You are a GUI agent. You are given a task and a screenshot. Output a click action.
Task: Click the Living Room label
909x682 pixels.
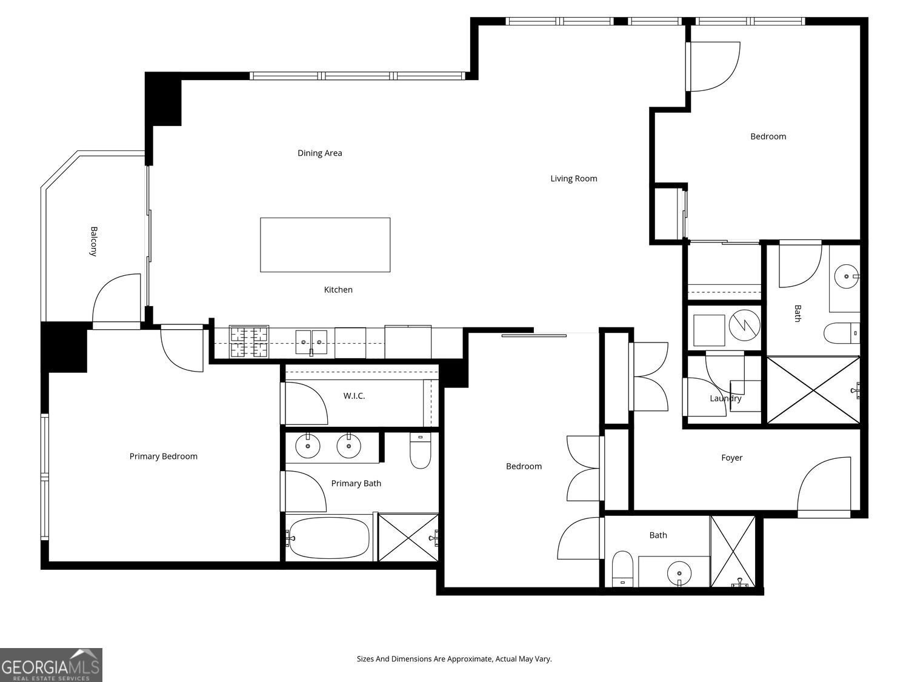[x=573, y=178]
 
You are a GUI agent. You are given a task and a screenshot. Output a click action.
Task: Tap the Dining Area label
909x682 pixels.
[x=320, y=153]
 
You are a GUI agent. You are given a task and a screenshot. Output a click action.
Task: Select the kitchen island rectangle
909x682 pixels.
[x=325, y=245]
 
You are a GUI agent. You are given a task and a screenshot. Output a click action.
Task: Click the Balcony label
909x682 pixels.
[x=94, y=241]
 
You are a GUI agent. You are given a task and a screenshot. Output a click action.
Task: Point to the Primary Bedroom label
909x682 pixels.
[x=163, y=456]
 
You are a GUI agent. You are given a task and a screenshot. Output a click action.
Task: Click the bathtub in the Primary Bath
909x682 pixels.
[x=329, y=538]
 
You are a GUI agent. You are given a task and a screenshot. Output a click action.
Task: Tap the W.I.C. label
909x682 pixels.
[x=354, y=396]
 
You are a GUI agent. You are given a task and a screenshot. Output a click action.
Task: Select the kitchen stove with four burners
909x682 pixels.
[x=249, y=342]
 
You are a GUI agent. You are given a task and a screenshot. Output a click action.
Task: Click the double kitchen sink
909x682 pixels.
[x=311, y=343]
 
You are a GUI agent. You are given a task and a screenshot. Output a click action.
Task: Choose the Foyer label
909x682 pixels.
[x=732, y=458]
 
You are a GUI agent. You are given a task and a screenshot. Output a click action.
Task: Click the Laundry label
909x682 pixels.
[x=725, y=398]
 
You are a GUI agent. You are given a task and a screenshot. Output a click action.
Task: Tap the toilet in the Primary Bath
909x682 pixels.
[x=421, y=450]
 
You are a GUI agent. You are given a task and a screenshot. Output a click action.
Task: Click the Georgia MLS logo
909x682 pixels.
[x=51, y=665]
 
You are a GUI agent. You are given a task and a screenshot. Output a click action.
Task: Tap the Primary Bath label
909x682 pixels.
[x=356, y=483]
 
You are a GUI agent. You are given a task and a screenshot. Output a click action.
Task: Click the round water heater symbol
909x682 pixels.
[x=745, y=326]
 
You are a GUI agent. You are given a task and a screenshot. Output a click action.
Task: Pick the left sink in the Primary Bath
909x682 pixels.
[x=308, y=446]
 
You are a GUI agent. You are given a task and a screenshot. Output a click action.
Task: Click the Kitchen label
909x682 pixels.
[x=338, y=290]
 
